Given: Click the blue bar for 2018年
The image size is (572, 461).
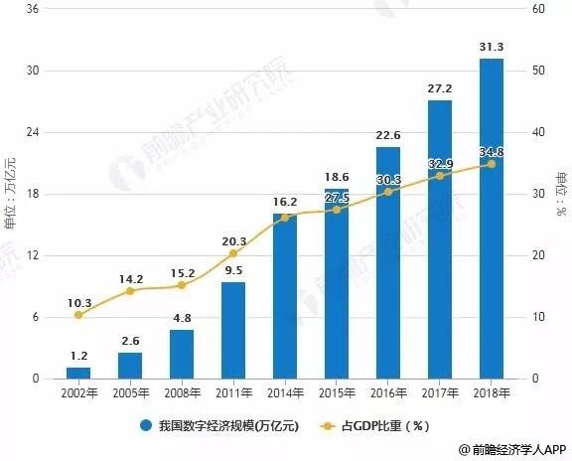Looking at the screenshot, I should click(491, 219).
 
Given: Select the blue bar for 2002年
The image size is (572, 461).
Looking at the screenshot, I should click(78, 373).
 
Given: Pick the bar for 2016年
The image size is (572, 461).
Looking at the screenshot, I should click(388, 262).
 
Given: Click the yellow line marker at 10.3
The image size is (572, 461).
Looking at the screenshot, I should click(78, 315).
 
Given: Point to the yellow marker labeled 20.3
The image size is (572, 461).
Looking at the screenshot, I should click(233, 253).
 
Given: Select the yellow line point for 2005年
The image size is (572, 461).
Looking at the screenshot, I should click(130, 290).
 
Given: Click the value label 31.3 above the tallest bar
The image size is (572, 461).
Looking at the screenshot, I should click(491, 47).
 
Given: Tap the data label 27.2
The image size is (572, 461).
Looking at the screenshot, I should click(440, 88).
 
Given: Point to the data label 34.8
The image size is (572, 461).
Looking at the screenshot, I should click(491, 151).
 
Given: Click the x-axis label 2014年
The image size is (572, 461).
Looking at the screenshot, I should click(285, 393).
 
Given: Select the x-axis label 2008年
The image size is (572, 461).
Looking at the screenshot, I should click(182, 393).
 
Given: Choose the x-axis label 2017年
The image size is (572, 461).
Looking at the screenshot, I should click(440, 393).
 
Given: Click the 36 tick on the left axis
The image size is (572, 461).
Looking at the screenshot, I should click(33, 10).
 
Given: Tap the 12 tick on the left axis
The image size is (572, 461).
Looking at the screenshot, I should click(33, 255).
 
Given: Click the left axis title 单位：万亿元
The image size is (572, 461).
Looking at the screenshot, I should click(11, 194).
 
